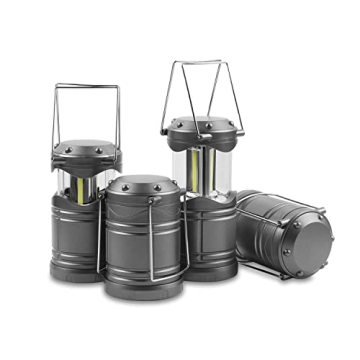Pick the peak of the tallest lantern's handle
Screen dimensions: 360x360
[196, 63]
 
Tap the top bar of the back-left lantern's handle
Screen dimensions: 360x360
[86, 85]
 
